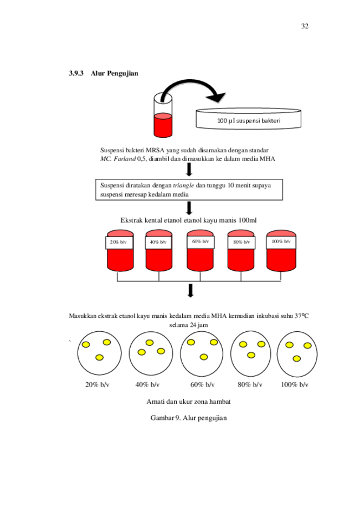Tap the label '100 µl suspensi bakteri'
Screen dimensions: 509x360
[x=249, y=120]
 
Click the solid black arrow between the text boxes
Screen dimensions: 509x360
[x=189, y=169]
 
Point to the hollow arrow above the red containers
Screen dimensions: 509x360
[x=189, y=209]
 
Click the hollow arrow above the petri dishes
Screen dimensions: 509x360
[x=191, y=291]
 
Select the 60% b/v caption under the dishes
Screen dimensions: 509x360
[x=201, y=385]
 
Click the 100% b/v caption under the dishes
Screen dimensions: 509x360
[x=294, y=385]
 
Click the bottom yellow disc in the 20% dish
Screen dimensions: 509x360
[x=99, y=357]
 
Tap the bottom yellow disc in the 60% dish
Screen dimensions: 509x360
[x=204, y=357]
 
